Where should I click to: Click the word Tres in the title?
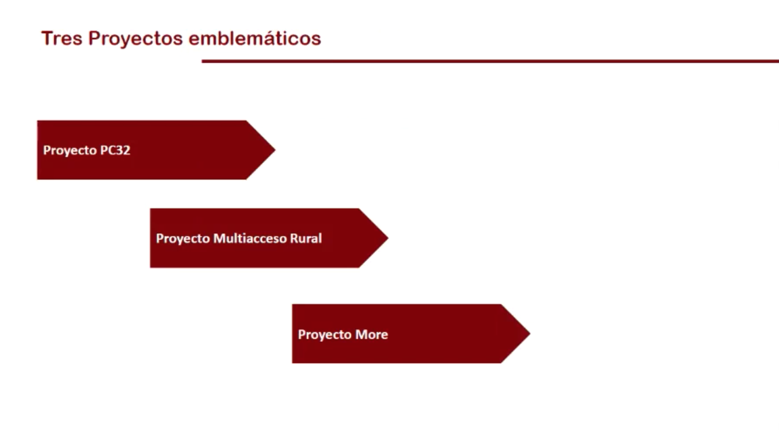tap(62, 38)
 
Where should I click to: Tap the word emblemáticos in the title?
tap(255, 38)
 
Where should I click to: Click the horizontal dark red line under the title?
tap(490, 61)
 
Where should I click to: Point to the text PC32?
tap(115, 150)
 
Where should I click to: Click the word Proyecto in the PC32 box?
tap(70, 151)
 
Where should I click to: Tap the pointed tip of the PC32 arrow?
tap(275, 150)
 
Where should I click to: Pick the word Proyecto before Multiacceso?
tap(182, 239)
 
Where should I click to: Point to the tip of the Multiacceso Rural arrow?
tap(388, 238)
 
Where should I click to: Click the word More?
tap(372, 334)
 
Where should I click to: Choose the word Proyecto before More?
tap(325, 335)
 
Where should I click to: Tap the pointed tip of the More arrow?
tap(530, 334)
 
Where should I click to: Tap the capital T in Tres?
tap(47, 38)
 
